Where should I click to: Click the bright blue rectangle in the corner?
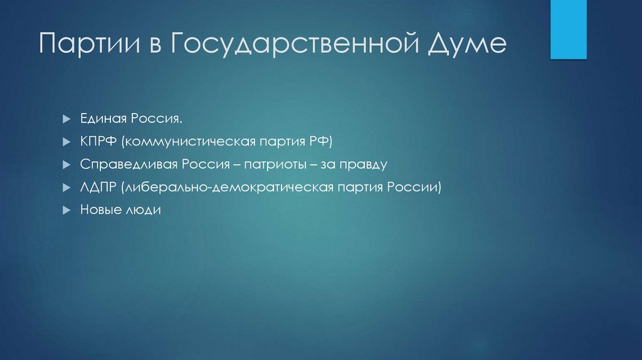(x=568, y=29)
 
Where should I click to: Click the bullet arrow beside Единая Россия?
(x=66, y=119)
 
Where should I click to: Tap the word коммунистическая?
(x=188, y=141)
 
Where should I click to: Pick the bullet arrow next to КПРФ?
(x=66, y=142)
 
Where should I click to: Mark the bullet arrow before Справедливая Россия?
(x=66, y=165)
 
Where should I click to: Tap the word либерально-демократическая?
(x=229, y=187)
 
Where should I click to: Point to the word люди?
(x=145, y=210)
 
